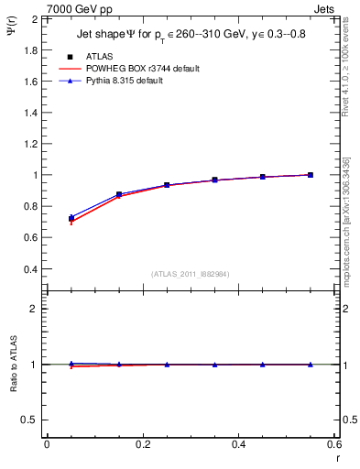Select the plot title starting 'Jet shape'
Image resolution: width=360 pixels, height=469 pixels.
(191, 36)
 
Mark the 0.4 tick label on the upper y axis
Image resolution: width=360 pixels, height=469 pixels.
(31, 269)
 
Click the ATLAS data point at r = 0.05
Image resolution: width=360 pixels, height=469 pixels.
(71, 219)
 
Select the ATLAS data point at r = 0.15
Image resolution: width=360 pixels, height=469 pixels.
(119, 194)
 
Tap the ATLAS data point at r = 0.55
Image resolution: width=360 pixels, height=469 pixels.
(311, 175)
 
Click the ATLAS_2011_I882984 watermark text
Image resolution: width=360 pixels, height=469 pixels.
(191, 274)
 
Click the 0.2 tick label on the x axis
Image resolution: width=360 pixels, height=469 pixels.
(142, 443)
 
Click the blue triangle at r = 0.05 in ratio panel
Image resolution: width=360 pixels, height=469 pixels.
(71, 364)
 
